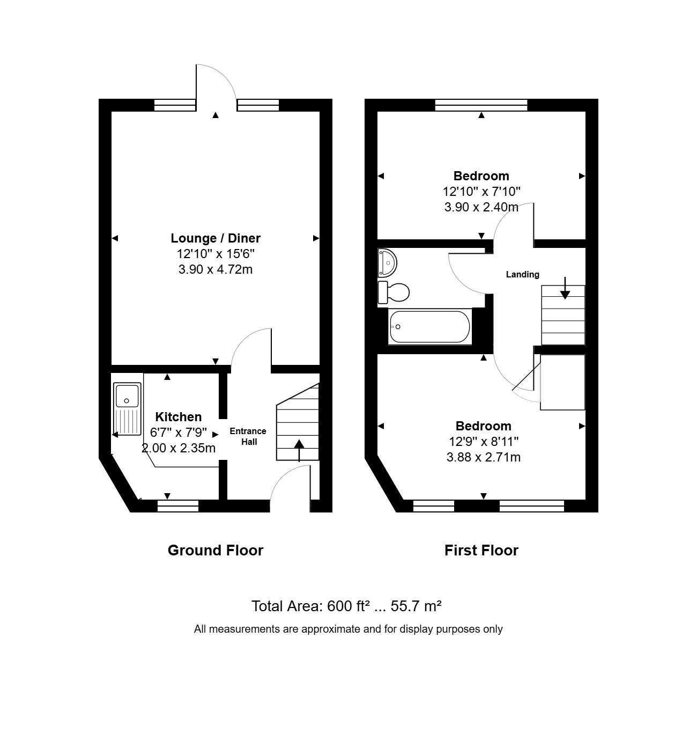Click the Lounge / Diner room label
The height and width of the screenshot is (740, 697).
click(x=215, y=238)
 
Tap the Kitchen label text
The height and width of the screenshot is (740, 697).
click(x=179, y=416)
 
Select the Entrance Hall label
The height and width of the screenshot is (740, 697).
click(x=248, y=436)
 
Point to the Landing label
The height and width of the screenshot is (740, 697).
click(x=522, y=275)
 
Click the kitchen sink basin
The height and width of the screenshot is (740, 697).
click(x=127, y=395)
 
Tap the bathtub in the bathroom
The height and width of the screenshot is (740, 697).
click(x=429, y=327)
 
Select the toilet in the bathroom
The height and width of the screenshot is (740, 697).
click(x=394, y=292)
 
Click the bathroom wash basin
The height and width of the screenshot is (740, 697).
click(x=387, y=263)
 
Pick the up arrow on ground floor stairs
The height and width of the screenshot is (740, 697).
click(x=299, y=450)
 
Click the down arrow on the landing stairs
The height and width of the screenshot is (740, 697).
click(x=565, y=288)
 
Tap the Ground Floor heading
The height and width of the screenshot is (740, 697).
click(x=215, y=551)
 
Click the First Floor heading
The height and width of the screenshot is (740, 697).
click(x=481, y=551)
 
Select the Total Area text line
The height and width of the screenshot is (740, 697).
click(x=346, y=606)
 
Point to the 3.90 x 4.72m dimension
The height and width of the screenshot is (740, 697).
click(x=215, y=269)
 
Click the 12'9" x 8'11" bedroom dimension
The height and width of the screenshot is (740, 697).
click(x=483, y=442)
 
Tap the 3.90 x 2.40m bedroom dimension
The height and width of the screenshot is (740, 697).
click(x=481, y=207)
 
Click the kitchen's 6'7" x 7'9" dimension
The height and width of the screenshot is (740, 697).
click(x=179, y=432)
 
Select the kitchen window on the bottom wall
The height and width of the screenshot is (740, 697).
click(x=177, y=505)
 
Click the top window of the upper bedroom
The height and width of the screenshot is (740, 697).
click(x=481, y=105)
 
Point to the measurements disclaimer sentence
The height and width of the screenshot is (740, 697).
click(x=348, y=629)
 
